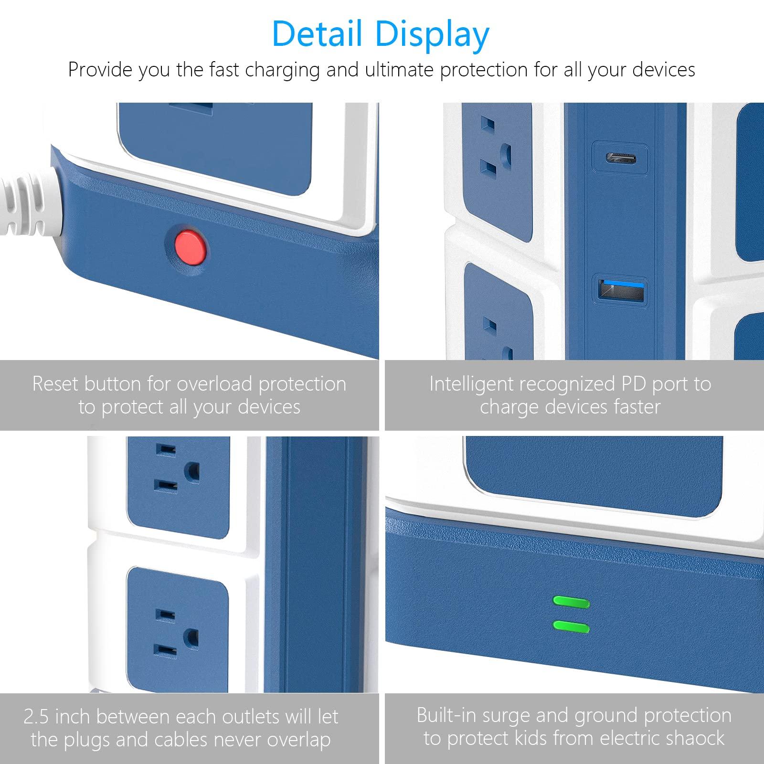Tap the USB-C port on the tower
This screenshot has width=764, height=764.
[620, 158]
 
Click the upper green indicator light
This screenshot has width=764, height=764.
[571, 602]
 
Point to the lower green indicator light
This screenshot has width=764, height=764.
[571, 626]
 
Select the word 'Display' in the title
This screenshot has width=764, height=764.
[432, 34]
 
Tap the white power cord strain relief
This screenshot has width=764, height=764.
[29, 205]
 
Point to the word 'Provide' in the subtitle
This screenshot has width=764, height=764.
[100, 70]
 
